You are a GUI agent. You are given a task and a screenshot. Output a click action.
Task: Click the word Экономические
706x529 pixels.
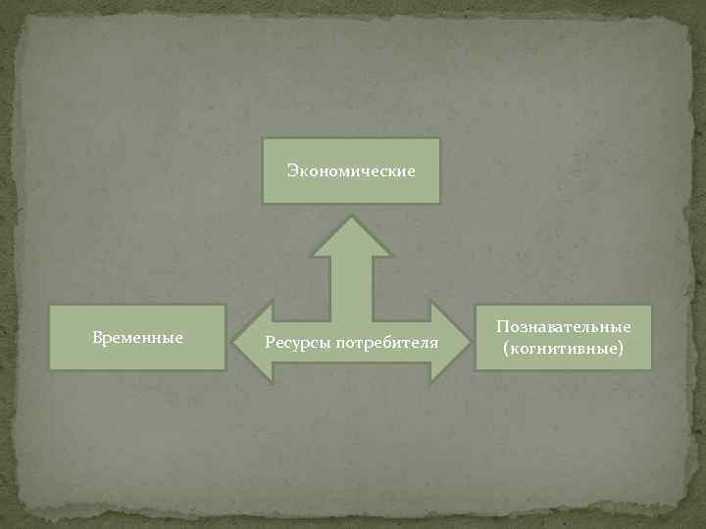click(x=351, y=171)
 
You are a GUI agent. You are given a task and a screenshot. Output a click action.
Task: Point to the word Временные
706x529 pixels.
click(x=137, y=337)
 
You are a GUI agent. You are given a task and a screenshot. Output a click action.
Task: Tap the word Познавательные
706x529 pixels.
click(x=564, y=326)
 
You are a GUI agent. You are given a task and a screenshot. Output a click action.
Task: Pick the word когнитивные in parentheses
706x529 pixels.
click(x=564, y=348)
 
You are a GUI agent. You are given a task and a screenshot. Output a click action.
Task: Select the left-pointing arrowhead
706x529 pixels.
click(x=250, y=342)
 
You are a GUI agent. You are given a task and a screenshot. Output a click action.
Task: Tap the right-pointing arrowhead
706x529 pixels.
click(x=448, y=342)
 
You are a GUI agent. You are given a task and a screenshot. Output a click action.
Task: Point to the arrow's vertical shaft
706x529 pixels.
click(x=351, y=284)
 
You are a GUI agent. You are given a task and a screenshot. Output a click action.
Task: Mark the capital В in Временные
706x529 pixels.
click(x=96, y=337)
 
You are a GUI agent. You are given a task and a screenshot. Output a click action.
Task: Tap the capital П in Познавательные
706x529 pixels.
click(x=502, y=326)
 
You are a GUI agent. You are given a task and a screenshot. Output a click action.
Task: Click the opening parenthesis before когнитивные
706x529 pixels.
click(x=506, y=348)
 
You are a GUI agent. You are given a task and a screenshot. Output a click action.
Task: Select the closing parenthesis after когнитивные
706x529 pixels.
click(x=621, y=348)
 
